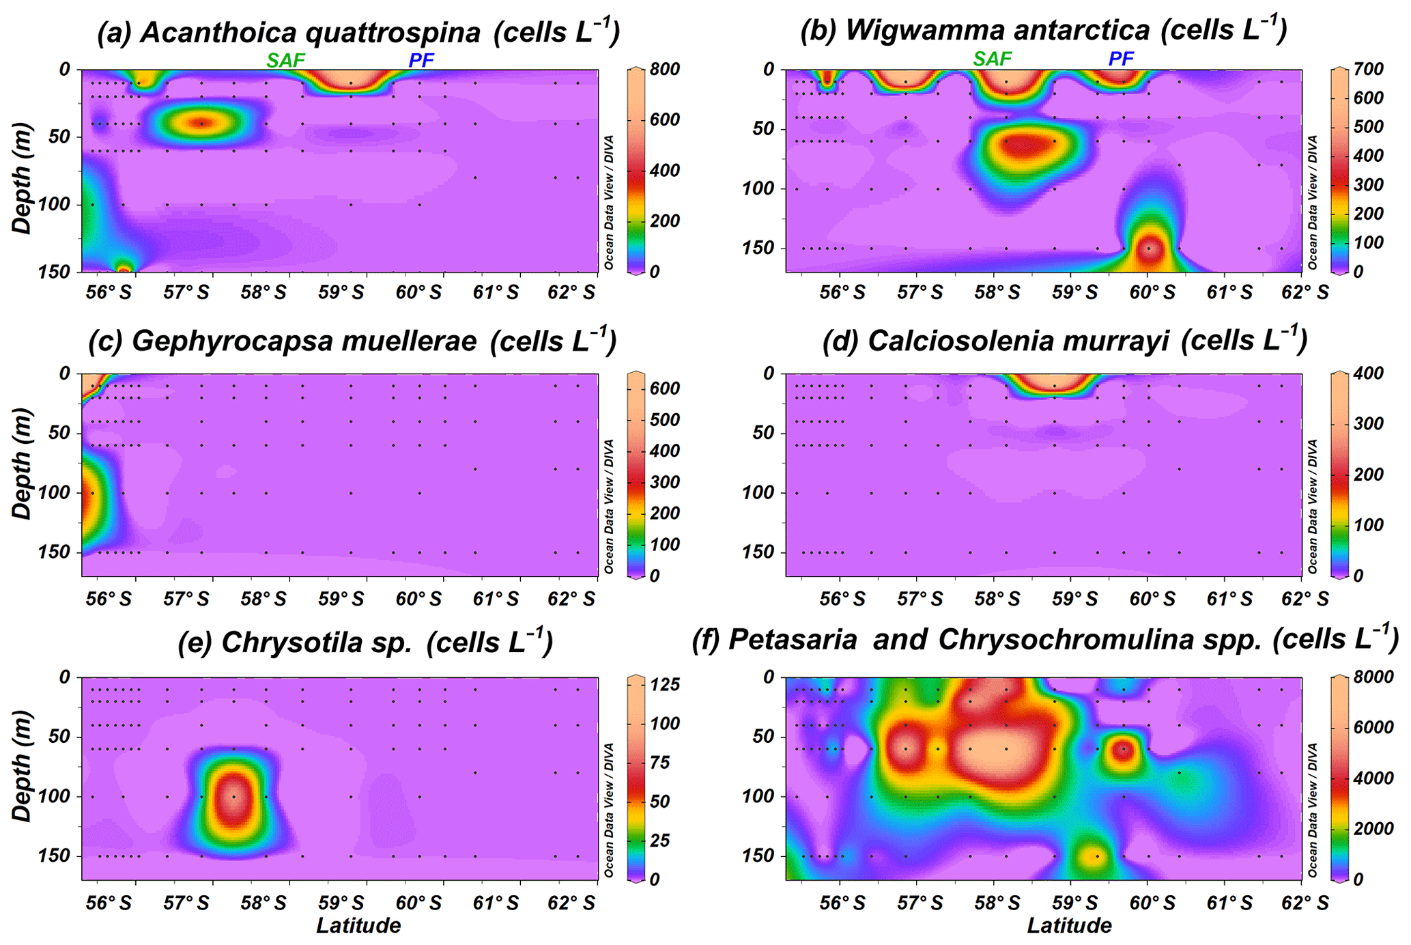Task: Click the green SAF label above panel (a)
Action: pos(285,60)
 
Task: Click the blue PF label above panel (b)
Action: pos(1121,59)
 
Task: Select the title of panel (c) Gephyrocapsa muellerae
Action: pos(352,341)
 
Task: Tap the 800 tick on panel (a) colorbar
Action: pos(665,69)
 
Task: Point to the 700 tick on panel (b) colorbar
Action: pos(1369,69)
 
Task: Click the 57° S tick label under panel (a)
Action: pos(186,293)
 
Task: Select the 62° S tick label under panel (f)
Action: pos(1306,903)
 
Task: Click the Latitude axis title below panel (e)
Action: pos(358,926)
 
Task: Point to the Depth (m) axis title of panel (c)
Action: pos(22,464)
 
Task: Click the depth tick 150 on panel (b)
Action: pos(758,248)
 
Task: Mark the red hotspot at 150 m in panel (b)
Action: pos(1150,249)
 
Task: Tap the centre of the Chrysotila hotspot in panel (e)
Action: pos(234,797)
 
